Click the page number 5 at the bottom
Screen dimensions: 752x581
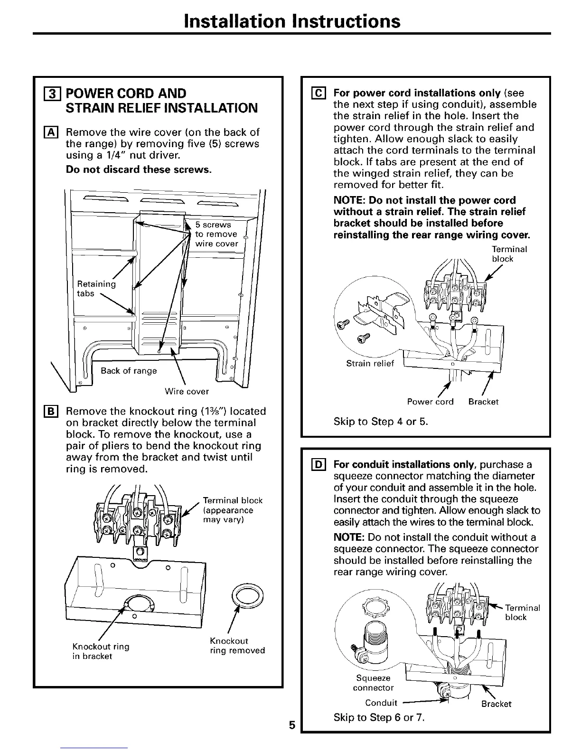point(292,725)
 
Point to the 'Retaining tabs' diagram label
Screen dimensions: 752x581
point(96,289)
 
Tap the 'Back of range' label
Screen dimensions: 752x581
point(129,371)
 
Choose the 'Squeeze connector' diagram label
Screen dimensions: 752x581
point(373,683)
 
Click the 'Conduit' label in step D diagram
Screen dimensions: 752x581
point(381,703)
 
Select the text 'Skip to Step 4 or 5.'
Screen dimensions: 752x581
point(381,421)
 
